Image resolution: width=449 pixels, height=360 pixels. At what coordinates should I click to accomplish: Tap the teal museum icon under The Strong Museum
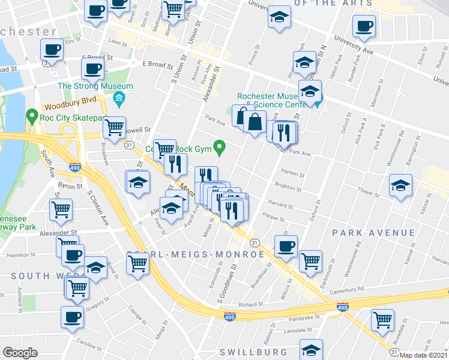coord(119,98)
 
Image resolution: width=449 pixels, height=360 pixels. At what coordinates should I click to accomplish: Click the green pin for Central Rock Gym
coord(221,145)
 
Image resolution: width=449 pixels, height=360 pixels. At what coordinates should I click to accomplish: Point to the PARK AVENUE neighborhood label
coord(372,232)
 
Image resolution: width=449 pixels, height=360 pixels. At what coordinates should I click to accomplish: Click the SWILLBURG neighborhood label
coord(259,352)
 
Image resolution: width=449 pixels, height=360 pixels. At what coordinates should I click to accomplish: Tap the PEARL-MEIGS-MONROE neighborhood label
coord(196,254)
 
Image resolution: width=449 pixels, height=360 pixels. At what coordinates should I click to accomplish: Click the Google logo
coord(19,353)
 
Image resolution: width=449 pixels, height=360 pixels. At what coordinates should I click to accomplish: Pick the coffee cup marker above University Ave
coord(364,26)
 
